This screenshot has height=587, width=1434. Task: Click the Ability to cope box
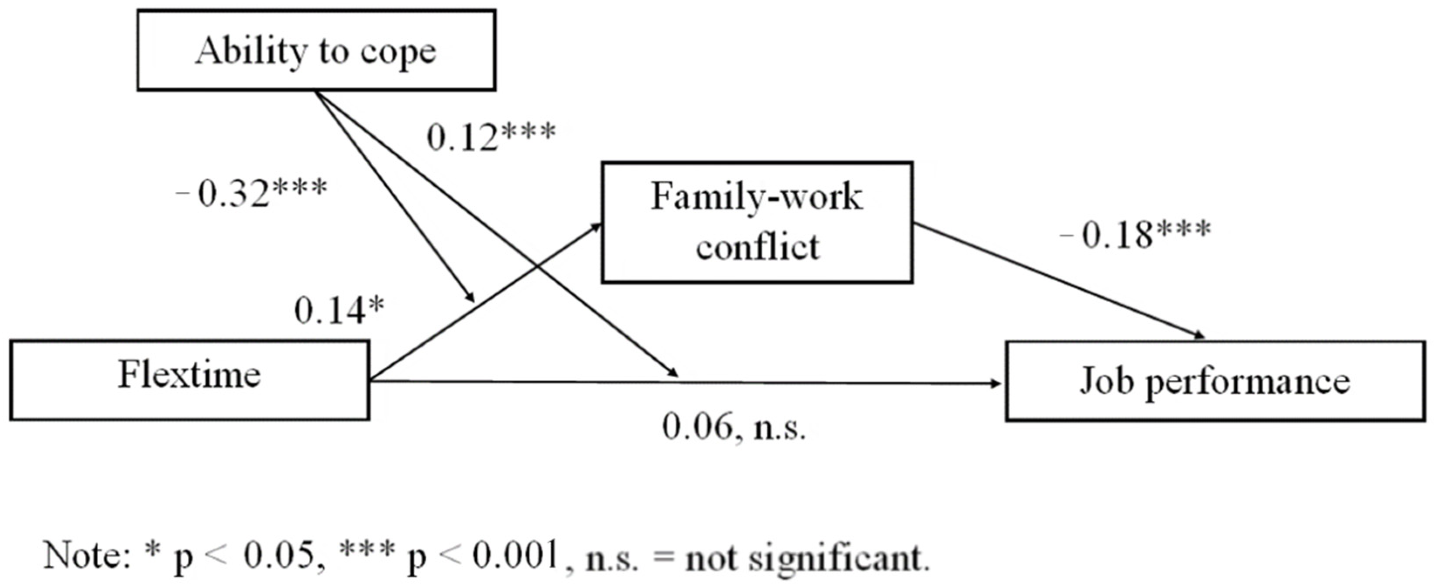point(316,50)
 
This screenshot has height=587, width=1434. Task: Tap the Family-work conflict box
point(757,222)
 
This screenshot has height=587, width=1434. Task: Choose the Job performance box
point(1214,382)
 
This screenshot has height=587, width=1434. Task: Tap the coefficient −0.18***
point(1136,234)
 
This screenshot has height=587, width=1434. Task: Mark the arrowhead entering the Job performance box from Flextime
point(996,383)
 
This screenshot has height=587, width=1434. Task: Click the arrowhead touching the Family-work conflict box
point(596,226)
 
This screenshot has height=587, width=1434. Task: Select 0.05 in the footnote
point(279,555)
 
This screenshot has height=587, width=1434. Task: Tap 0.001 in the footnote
point(515,555)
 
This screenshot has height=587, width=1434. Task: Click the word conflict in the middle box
point(757,246)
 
